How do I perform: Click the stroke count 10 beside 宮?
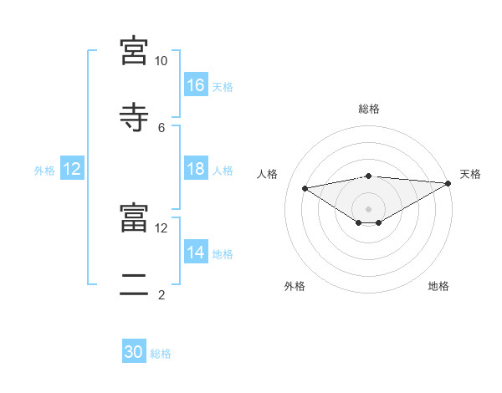tap(161, 61)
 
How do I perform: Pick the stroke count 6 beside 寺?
tap(161, 127)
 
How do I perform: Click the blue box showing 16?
tap(196, 84)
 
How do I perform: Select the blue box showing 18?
tap(196, 168)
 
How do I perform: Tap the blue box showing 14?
tap(196, 252)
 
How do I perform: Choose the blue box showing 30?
tap(134, 352)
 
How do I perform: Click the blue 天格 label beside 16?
tap(223, 86)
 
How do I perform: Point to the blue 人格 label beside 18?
tap(223, 170)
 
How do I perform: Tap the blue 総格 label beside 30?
tap(161, 354)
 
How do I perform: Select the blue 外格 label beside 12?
tap(44, 170)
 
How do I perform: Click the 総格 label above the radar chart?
tap(369, 109)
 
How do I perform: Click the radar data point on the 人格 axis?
tap(305, 187)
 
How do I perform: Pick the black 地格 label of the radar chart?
tap(438, 286)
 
